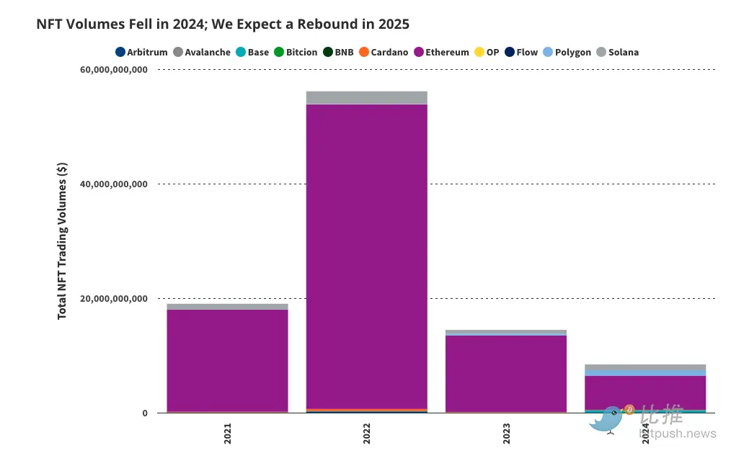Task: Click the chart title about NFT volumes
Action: (x=223, y=24)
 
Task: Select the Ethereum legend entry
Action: (x=441, y=53)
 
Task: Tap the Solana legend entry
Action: (x=617, y=53)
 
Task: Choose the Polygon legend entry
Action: (x=567, y=53)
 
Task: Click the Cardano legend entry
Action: (x=384, y=53)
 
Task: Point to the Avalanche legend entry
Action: (x=202, y=53)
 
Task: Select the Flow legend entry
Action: (x=520, y=53)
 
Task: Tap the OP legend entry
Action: (x=486, y=53)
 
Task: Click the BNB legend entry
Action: (x=338, y=53)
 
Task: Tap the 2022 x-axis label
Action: (x=367, y=434)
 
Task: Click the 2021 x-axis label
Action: (x=228, y=434)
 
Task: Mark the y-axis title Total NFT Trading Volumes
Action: (x=63, y=241)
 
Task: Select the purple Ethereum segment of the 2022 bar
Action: (x=367, y=252)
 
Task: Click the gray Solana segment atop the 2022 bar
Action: (x=367, y=97)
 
